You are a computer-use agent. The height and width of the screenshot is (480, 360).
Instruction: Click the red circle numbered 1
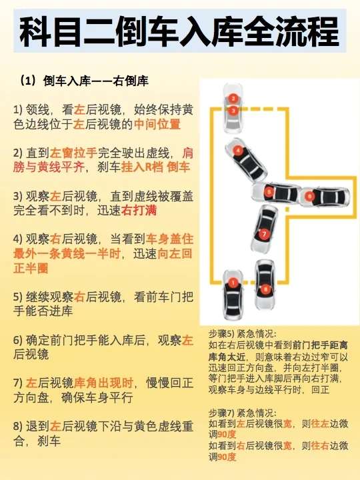coord(233,283)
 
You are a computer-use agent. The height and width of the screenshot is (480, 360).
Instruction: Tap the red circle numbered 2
coord(233,99)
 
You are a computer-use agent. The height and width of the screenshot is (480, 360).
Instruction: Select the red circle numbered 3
coord(233,111)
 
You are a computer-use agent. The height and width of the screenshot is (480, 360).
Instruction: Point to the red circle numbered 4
coord(238,150)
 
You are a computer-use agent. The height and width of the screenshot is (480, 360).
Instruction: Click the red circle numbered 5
coord(269,192)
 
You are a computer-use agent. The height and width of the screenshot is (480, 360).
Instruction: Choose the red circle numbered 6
coord(309,196)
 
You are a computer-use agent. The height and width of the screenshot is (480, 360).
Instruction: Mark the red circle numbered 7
coord(264,235)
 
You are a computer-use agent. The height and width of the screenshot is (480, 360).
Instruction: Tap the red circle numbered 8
coord(265,289)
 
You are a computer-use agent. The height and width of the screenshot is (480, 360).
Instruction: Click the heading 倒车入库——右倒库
coord(96,81)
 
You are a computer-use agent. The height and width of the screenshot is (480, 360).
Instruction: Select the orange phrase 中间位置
coord(157,124)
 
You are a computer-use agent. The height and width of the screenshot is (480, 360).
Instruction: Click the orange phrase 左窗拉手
coord(73,153)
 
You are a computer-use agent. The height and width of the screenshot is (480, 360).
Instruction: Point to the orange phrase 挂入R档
coord(143,167)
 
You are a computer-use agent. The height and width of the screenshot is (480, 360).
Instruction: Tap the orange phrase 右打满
coord(139,210)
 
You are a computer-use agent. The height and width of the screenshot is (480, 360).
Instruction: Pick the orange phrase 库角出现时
coord(103,383)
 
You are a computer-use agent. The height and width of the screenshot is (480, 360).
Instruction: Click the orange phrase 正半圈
coord(31,269)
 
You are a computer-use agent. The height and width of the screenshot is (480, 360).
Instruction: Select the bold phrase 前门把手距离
coord(320,345)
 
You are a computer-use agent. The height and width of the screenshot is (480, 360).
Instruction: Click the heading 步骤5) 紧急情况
coord(243,334)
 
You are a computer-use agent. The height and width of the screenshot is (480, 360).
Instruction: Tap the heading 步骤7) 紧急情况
coord(243,413)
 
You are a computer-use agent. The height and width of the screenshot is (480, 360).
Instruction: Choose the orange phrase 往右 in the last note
coord(320,446)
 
